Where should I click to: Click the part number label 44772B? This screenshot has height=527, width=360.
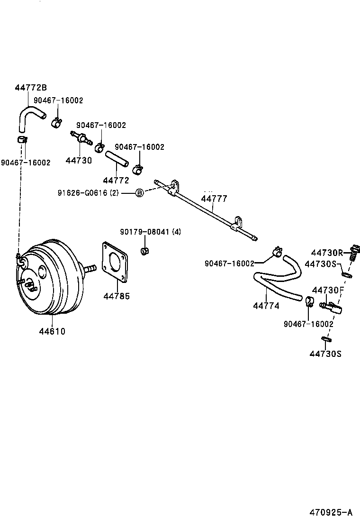[31, 88]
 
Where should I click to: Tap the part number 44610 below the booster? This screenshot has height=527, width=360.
[52, 332]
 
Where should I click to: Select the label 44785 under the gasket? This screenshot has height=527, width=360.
[117, 296]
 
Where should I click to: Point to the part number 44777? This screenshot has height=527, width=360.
[215, 199]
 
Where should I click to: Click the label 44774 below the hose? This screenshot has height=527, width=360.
[266, 306]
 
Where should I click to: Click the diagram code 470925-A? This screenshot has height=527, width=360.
[332, 512]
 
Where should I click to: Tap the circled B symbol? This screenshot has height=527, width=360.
[140, 193]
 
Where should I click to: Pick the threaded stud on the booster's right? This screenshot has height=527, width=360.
[89, 269]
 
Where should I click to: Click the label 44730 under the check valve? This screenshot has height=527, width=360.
[79, 161]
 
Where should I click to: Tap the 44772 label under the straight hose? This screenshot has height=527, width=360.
[116, 181]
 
